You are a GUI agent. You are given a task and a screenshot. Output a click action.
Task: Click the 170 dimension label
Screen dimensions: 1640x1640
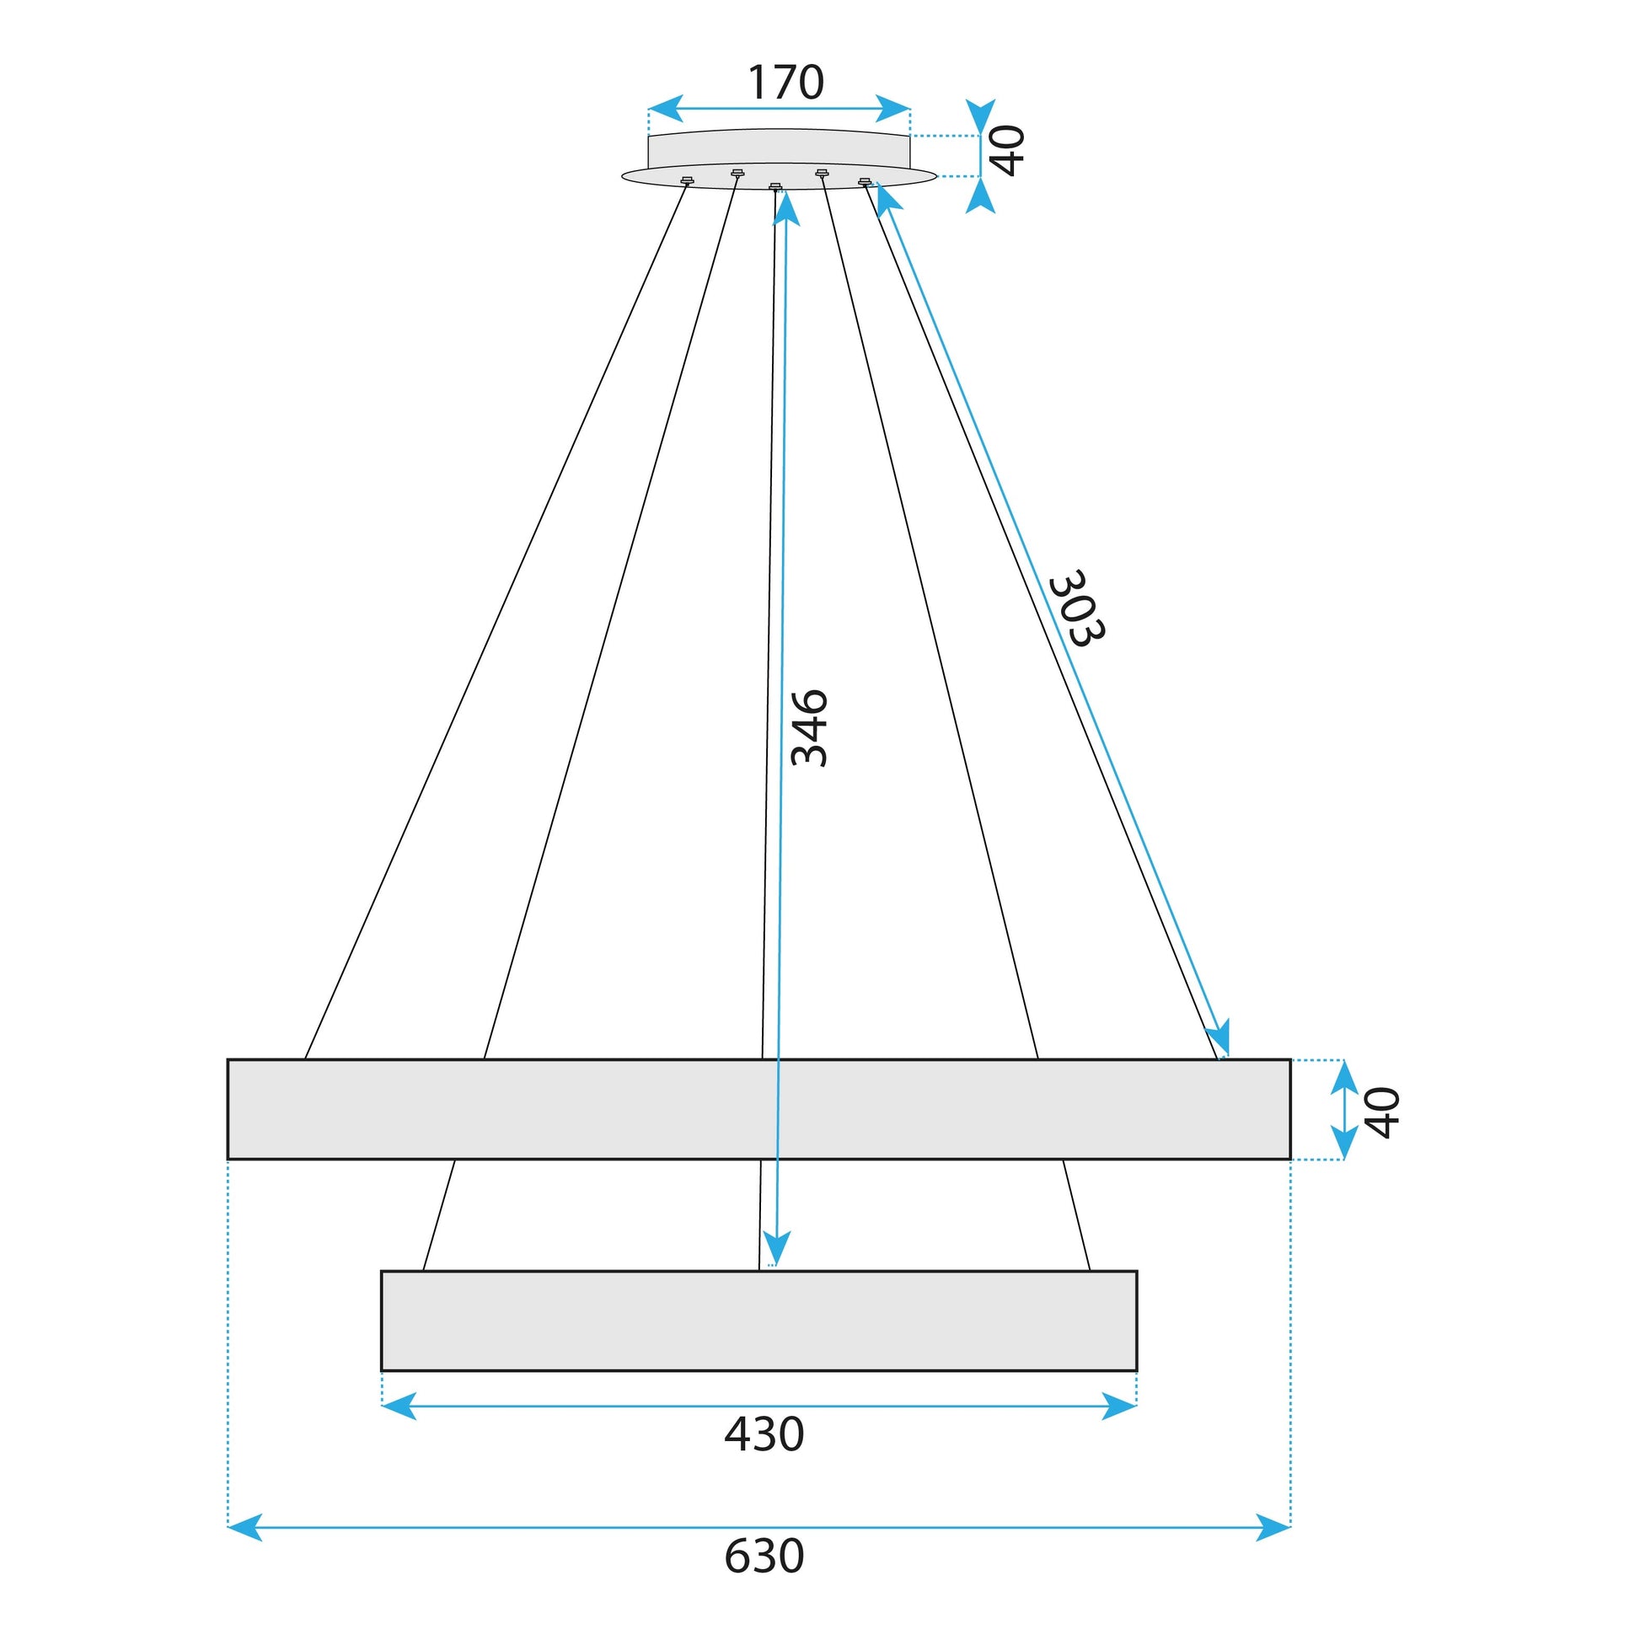[x=785, y=83]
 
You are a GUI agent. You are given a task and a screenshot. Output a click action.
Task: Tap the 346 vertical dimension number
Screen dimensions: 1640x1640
[x=808, y=728]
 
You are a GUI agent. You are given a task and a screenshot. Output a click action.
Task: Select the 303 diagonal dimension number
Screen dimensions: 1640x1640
[x=1076, y=608]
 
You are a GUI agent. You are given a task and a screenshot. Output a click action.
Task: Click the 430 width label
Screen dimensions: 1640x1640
[x=764, y=1434]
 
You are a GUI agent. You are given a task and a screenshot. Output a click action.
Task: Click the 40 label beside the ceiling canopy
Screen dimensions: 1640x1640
[x=1009, y=150]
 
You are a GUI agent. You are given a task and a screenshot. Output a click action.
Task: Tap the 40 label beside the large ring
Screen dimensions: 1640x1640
[x=1382, y=1112]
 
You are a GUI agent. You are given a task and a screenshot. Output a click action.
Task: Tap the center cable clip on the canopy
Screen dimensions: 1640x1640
[x=775, y=187]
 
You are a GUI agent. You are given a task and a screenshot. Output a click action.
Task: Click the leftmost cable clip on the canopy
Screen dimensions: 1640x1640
[x=688, y=180]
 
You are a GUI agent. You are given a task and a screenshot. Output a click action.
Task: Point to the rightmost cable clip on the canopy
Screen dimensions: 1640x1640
[x=864, y=181]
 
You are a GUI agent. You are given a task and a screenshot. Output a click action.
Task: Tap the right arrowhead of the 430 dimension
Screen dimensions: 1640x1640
[x=1120, y=1406]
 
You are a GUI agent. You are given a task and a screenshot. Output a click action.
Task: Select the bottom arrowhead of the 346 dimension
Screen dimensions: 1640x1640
[x=776, y=1250]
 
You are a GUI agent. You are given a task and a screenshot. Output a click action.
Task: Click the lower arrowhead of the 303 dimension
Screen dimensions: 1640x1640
[x=1219, y=1039]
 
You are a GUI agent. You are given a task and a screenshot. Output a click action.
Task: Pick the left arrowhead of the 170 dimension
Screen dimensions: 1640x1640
[x=665, y=109]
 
